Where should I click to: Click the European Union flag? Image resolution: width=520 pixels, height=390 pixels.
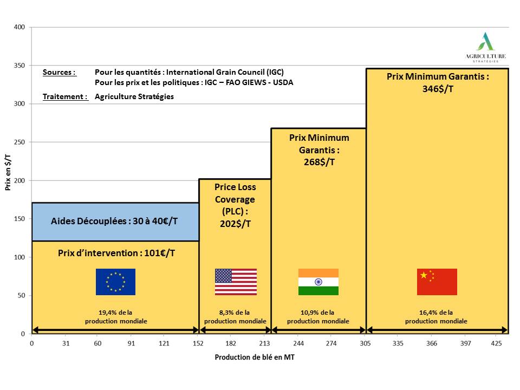pos(115,282)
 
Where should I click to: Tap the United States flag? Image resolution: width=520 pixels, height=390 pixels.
pos(236,282)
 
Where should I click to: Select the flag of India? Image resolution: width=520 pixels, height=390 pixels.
pos(318,282)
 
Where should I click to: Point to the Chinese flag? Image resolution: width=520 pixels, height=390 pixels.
pos(437,282)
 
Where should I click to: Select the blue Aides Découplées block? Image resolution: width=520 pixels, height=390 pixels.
pos(115,221)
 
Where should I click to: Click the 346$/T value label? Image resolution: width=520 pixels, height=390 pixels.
pos(438,89)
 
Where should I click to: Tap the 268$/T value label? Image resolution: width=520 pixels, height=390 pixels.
pos(318,161)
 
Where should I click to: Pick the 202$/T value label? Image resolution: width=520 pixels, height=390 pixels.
pos(235,223)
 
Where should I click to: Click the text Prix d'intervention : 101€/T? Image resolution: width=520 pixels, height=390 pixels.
pos(116,252)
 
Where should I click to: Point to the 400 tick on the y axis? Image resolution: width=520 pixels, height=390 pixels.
pos(20,27)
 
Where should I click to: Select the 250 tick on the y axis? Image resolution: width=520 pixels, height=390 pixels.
pos(20,142)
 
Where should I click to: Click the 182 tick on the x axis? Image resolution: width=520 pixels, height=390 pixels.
pos(231,343)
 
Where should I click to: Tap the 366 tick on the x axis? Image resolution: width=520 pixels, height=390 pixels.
pos(431,343)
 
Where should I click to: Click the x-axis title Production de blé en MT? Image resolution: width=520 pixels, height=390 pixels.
pos(255,357)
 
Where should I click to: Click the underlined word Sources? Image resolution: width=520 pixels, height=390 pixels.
pos(59,72)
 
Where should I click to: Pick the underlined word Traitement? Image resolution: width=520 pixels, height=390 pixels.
pos(65,97)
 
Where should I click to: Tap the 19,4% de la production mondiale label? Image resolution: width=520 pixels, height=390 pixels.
pos(116,317)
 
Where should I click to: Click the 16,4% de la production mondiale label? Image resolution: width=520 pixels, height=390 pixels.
pos(436,317)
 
